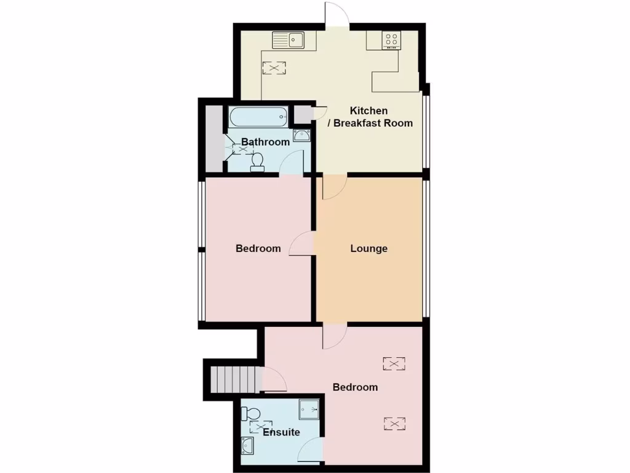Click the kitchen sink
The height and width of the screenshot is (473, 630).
(289, 41)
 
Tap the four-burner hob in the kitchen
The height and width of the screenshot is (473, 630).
(391, 40)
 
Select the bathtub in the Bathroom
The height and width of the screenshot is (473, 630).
(258, 116)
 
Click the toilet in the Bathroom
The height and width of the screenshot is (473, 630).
(258, 162)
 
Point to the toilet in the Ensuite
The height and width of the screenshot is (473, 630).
(253, 412)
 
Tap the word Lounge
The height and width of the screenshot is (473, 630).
(369, 249)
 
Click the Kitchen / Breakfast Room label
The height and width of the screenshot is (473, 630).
(369, 116)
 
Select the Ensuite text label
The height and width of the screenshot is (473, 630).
(281, 432)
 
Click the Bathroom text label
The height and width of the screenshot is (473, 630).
(265, 142)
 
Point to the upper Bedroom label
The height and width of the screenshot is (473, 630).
(258, 249)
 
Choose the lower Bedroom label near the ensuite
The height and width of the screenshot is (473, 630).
(355, 387)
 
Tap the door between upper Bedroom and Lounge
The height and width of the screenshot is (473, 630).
(301, 244)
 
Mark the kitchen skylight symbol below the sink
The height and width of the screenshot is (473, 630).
(274, 68)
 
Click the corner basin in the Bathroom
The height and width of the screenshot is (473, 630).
(301, 136)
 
